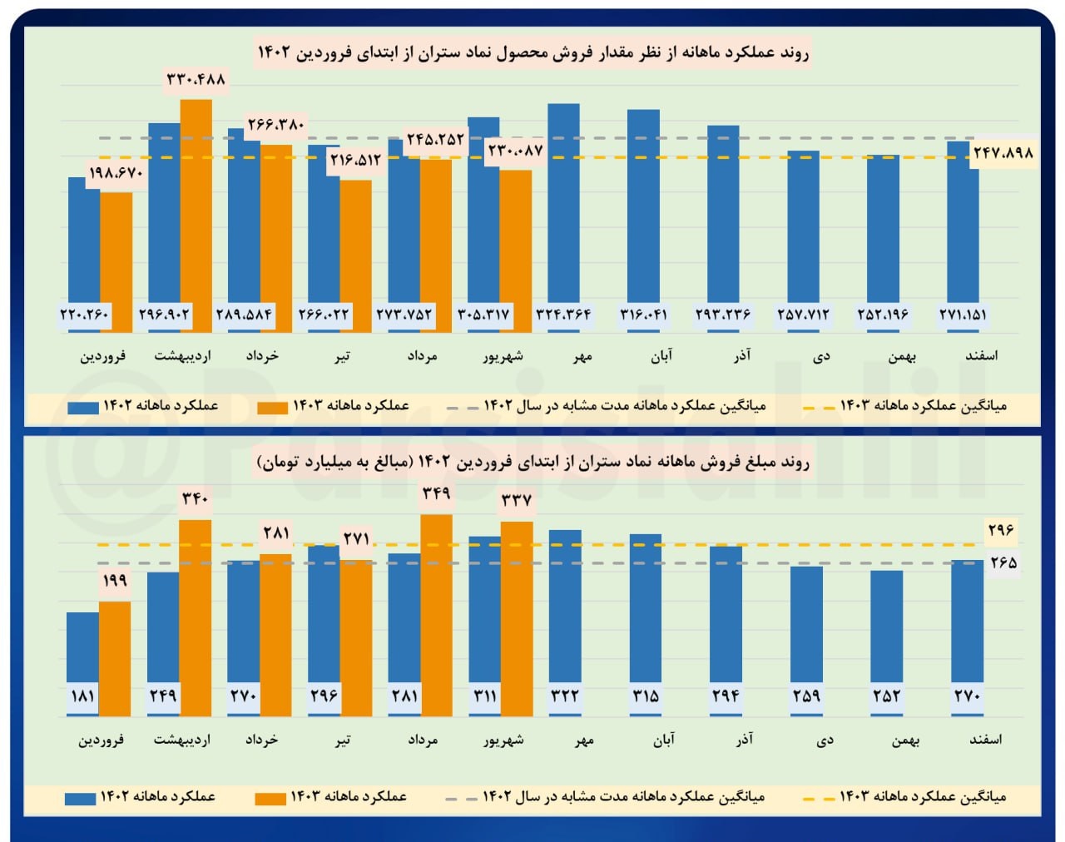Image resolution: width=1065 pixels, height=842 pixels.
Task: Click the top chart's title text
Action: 532,53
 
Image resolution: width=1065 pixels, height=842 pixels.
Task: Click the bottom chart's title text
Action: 532,462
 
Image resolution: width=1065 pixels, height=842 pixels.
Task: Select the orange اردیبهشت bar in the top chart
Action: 196,216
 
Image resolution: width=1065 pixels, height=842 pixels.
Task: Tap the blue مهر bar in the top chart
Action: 563,208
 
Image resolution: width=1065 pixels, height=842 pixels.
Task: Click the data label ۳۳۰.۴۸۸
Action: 196,79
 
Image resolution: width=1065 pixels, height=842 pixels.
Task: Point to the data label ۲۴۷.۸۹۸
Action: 1003,153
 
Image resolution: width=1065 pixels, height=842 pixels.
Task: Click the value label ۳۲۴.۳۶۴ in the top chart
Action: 563,315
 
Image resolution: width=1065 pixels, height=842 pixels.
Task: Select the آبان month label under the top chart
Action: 661,356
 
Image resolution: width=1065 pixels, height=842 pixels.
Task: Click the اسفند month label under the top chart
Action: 981,356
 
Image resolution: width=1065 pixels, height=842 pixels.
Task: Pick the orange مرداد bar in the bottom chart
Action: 437,616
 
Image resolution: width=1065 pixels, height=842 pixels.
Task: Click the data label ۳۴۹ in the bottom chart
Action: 436,493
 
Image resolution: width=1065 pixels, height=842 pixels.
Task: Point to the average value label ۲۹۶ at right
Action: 1001,530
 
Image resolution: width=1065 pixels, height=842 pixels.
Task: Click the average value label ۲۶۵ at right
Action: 1003,563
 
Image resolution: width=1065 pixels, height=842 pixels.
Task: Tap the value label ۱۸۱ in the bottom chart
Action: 82,696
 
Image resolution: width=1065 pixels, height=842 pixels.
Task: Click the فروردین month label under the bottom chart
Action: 102,740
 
